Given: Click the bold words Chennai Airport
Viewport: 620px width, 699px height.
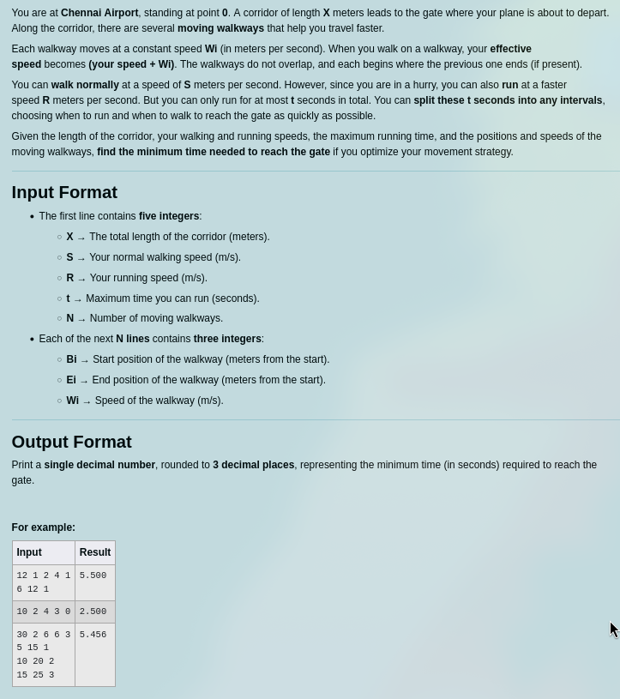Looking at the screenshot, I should click(99, 13).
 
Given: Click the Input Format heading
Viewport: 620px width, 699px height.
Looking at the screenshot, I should click(64, 192).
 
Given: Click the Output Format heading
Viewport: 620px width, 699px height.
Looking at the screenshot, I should click(71, 442).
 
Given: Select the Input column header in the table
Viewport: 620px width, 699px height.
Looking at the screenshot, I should click(29, 552).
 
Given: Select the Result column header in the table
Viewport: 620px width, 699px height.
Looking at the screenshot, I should click(95, 552).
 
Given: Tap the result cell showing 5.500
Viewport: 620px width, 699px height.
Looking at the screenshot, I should click(93, 576).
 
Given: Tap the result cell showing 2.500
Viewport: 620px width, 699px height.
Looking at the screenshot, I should click(93, 612).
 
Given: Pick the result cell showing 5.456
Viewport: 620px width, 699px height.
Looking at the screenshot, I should click(93, 636).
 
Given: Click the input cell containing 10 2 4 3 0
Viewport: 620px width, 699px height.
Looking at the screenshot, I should click(44, 612).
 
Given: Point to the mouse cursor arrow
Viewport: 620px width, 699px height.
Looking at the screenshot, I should click(614, 630).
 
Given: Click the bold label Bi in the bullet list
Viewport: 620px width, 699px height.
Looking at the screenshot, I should click(71, 359).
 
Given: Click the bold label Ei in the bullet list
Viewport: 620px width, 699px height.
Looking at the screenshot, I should click(71, 380).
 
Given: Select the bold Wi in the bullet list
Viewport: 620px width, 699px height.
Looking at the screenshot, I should click(72, 401).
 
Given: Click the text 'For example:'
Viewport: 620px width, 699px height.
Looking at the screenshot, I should click(43, 527).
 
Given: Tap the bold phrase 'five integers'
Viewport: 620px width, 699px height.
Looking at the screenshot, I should click(169, 216).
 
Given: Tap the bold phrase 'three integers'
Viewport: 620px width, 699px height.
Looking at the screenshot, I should click(227, 339).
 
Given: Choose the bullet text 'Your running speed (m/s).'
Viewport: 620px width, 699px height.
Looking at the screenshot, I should click(148, 278).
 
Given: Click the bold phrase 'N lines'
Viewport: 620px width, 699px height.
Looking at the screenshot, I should click(133, 339).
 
